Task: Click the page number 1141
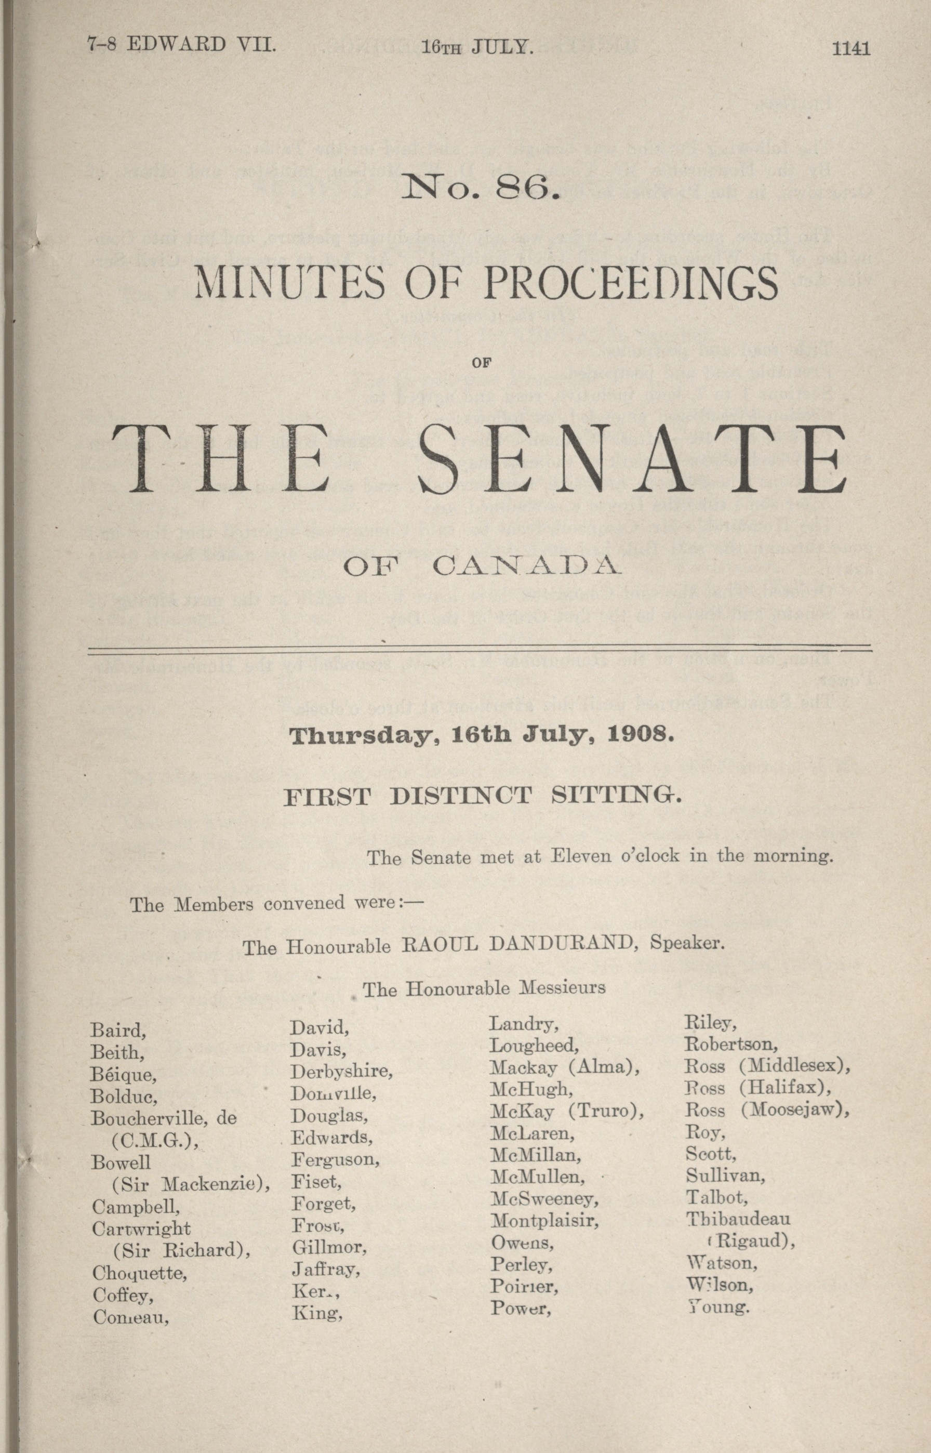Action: (850, 48)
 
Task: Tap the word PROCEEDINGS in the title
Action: (631, 283)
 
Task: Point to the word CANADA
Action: (526, 566)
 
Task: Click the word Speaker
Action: (687, 943)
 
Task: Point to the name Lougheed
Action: (534, 1045)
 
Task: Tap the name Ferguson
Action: (336, 1159)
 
